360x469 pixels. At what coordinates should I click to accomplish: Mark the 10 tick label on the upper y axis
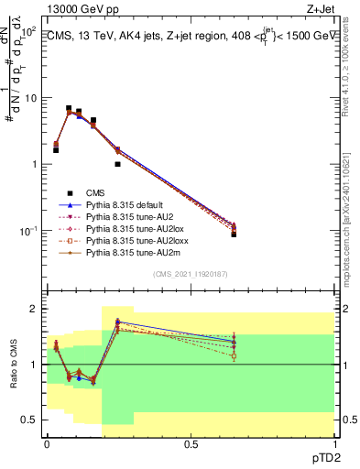(31, 98)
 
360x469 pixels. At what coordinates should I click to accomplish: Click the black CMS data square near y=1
(117, 164)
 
